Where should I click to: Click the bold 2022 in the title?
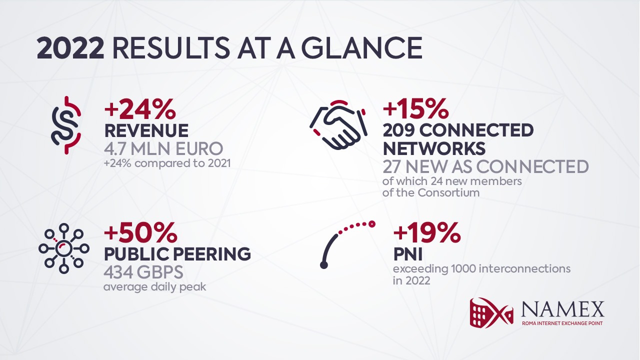tap(70, 49)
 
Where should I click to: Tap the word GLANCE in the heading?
tap(361, 49)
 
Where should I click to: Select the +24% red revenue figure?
tap(140, 109)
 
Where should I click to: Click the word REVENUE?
tap(146, 131)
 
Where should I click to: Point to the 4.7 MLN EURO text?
tap(163, 148)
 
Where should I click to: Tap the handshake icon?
tap(338, 125)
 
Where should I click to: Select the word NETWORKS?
tap(434, 149)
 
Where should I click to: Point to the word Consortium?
tap(449, 193)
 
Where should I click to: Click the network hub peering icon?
tap(63, 248)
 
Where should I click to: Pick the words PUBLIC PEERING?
tap(177, 254)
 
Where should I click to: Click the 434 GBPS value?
tap(143, 272)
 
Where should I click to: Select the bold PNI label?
tap(407, 254)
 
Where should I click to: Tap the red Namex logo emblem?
tap(491, 312)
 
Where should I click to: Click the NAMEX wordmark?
tap(563, 309)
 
